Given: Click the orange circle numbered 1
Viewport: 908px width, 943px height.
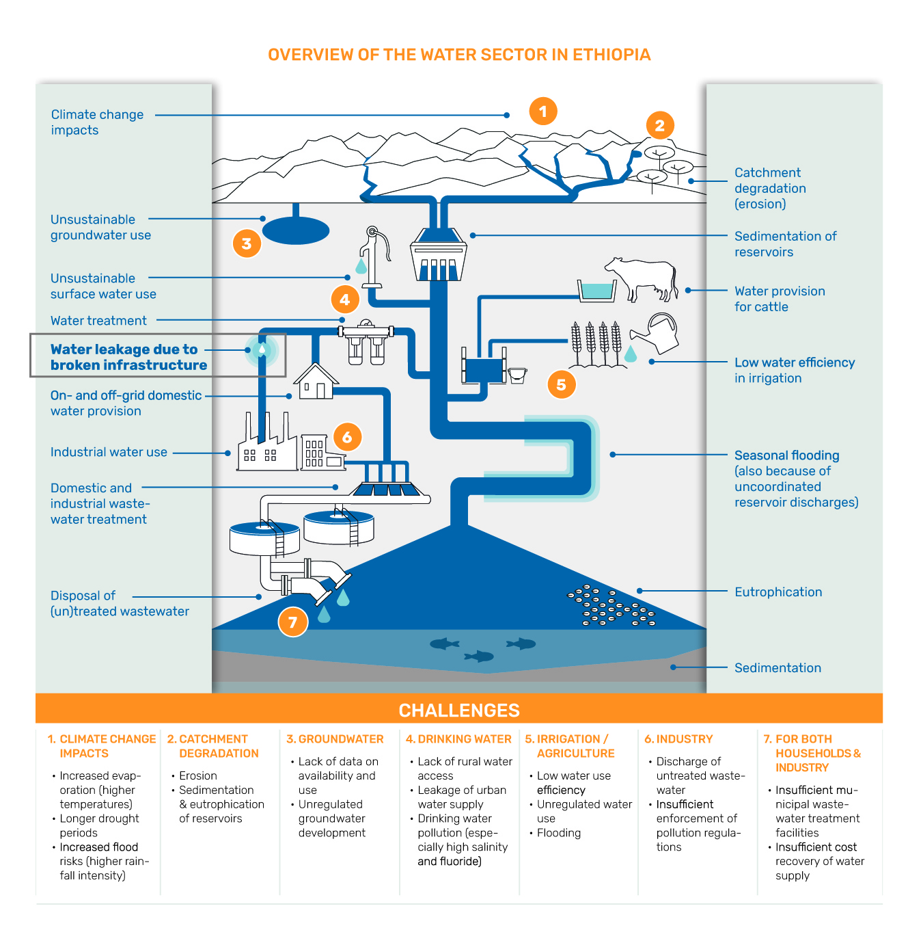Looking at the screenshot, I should (x=543, y=111).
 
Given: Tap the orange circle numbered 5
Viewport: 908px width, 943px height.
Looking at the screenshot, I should (x=561, y=384).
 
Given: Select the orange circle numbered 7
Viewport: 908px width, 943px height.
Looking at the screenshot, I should (x=292, y=622).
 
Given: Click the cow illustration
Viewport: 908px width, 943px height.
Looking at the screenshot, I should (x=642, y=278).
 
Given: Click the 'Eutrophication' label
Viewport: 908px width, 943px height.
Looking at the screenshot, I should (x=778, y=592).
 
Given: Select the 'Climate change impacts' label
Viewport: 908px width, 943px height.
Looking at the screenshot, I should (x=97, y=122).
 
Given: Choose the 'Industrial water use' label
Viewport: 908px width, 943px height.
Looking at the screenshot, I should (x=109, y=452).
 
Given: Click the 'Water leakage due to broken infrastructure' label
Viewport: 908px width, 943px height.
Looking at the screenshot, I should (x=128, y=357).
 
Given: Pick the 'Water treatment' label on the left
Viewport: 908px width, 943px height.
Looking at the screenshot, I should (x=98, y=321).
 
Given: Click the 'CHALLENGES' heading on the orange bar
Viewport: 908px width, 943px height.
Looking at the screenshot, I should (x=459, y=710).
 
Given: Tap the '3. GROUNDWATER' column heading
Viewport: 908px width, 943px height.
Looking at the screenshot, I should (x=335, y=739).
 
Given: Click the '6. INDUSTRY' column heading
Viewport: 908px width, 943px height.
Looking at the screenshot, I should (x=678, y=739).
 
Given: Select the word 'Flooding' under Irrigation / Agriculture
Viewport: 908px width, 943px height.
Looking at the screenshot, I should (x=559, y=833).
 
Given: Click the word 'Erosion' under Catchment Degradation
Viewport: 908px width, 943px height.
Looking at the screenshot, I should (x=198, y=775).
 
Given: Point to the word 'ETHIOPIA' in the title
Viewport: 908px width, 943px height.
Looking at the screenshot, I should (x=611, y=55).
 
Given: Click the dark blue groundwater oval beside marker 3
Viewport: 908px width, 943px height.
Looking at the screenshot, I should (x=296, y=230).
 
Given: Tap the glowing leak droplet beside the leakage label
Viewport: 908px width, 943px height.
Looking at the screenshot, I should (x=262, y=350).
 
